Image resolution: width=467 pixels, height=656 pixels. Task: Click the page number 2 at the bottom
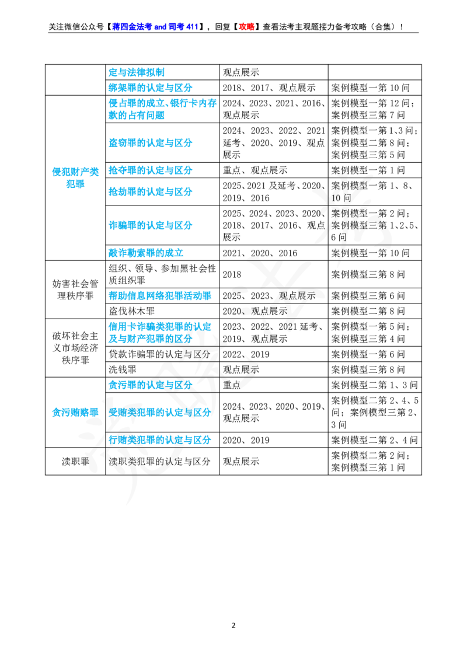(233, 626)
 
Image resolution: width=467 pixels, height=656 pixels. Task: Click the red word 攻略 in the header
(246, 27)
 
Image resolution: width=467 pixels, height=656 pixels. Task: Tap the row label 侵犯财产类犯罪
(75, 178)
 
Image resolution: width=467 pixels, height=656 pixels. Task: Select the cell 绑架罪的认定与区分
(150, 88)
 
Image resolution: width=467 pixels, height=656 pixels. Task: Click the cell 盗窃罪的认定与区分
(150, 142)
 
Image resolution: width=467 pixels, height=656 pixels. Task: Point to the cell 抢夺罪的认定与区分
(150, 170)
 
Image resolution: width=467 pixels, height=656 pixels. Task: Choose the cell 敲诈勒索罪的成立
(145, 253)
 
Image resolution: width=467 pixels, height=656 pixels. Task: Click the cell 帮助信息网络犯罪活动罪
(160, 296)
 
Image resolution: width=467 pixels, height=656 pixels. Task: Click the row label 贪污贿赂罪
(75, 413)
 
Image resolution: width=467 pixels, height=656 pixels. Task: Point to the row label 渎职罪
(75, 462)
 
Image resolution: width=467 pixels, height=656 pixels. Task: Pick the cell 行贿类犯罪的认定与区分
(160, 440)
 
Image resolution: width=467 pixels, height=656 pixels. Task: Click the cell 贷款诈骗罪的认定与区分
(159, 354)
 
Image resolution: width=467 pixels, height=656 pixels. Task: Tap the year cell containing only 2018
(232, 274)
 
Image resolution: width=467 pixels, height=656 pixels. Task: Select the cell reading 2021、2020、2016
(260, 253)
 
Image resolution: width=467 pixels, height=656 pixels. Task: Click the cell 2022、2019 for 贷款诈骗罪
(246, 354)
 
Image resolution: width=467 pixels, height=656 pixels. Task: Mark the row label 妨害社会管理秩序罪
(75, 289)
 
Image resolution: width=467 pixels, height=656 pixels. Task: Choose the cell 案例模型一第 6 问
(368, 354)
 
